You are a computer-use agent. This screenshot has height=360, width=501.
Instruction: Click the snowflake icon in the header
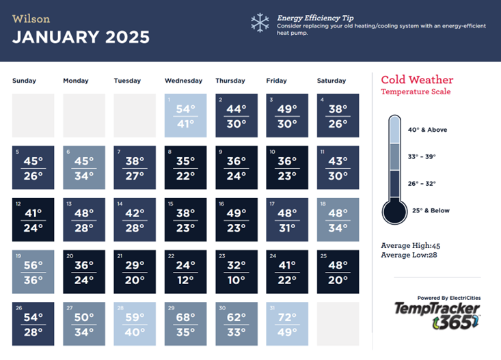pyautogui.click(x=260, y=23)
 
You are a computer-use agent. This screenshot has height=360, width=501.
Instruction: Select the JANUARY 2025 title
pyautogui.click(x=81, y=37)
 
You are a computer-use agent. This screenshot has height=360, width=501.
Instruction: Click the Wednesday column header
pyautogui.click(x=183, y=81)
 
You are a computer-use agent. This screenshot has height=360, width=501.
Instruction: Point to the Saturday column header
pyautogui.click(x=331, y=81)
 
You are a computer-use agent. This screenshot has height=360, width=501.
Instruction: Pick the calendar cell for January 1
pyautogui.click(x=185, y=115)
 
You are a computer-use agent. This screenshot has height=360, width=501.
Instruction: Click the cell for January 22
pyautogui.click(x=185, y=271)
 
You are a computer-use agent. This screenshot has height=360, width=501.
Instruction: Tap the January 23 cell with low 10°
pyautogui.click(x=236, y=271)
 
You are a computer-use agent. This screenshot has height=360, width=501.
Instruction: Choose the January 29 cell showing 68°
pyautogui.click(x=185, y=323)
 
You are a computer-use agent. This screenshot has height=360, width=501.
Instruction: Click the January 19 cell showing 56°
pyautogui.click(x=33, y=271)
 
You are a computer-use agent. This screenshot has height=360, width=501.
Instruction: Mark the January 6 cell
pyautogui.click(x=84, y=167)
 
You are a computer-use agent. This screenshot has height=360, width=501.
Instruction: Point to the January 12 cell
pyautogui.click(x=33, y=219)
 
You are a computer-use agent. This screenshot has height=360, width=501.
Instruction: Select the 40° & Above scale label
pyautogui.click(x=428, y=130)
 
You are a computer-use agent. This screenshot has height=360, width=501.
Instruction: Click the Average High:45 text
pyautogui.click(x=410, y=245)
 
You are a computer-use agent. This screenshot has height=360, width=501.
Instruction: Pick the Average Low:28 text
pyautogui.click(x=409, y=255)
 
